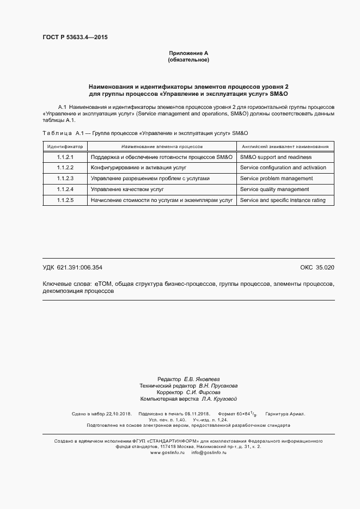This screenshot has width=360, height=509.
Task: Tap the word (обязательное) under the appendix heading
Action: click(x=188, y=60)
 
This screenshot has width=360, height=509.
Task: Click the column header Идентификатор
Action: click(x=65, y=146)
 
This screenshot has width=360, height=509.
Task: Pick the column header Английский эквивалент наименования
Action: click(x=285, y=146)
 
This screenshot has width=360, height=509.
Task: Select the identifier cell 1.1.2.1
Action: click(x=65, y=157)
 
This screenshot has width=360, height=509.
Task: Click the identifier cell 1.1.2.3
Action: click(x=65, y=179)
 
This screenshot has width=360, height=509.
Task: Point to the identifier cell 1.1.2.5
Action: click(x=65, y=200)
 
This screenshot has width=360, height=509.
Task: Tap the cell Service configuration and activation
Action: click(x=283, y=168)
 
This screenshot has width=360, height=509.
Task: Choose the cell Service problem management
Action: click(x=276, y=179)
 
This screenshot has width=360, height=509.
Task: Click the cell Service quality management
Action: click(x=274, y=189)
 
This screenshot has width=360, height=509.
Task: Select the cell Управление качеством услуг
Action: click(x=127, y=189)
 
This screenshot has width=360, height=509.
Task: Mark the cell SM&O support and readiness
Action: click(x=276, y=157)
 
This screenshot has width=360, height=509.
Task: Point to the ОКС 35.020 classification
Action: click(x=317, y=268)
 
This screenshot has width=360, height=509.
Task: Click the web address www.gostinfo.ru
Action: click(x=167, y=452)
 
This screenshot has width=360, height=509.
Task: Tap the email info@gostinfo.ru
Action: click(x=209, y=452)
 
